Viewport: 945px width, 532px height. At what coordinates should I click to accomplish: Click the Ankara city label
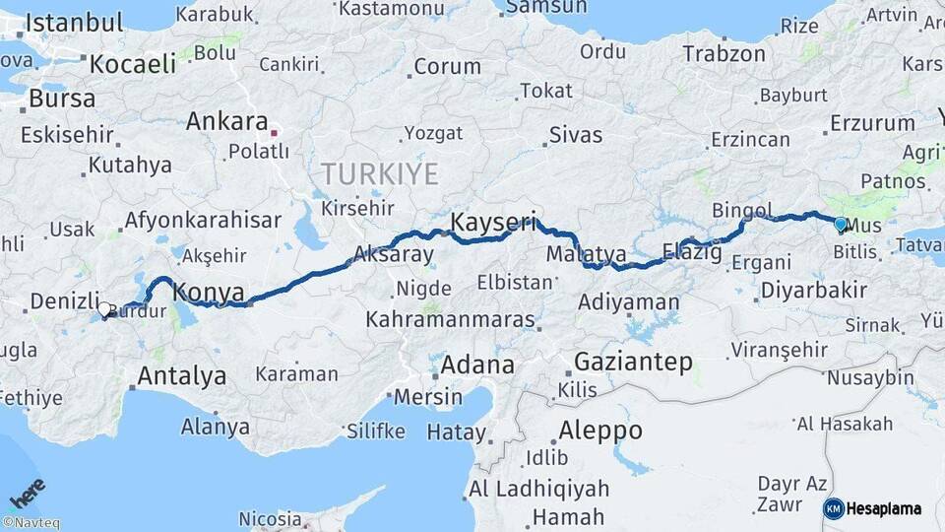pos(226,122)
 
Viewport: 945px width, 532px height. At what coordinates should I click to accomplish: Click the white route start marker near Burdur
pos(104,309)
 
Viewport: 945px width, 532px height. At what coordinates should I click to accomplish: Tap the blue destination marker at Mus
pos(840,224)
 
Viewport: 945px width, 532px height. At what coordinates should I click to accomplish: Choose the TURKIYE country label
pos(380,175)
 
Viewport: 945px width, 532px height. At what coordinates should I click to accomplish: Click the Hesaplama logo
pos(872,508)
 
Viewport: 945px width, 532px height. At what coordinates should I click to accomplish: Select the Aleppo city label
pos(599,431)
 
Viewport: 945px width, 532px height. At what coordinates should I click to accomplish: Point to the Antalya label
pos(181,375)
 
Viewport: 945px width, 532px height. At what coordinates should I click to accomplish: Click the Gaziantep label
pos(633,362)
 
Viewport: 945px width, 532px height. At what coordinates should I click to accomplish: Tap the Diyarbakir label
pos(813,290)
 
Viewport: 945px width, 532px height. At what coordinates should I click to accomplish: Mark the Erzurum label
pos(872,123)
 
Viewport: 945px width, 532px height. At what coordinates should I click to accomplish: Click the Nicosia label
pos(270,518)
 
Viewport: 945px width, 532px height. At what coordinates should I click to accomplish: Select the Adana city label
pos(476,365)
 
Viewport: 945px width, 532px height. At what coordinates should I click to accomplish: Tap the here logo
pos(28,493)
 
